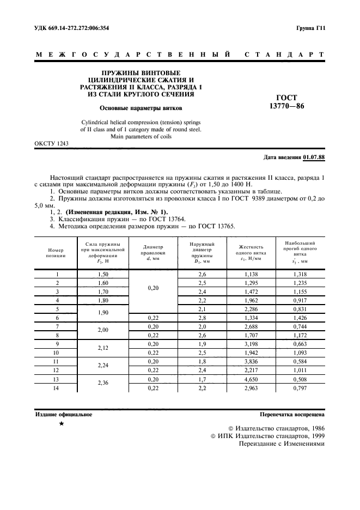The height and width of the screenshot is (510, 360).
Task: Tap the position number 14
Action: tap(56, 387)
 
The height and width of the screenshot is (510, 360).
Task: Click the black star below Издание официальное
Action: tap(62, 423)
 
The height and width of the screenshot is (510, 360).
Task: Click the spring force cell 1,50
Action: tap(102, 274)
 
